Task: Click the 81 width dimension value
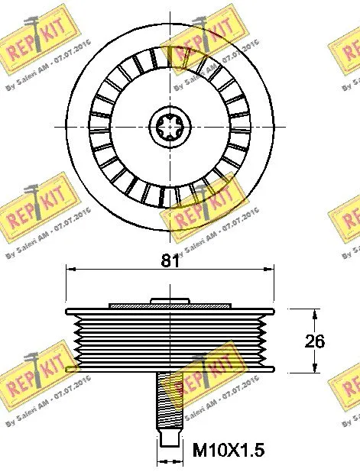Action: pos(170,260)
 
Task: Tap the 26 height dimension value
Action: pos(314,341)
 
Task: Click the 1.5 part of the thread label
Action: pos(250,451)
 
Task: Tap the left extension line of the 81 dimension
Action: pos(66,286)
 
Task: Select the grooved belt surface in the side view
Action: pos(170,341)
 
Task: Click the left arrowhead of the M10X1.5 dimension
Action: pos(160,461)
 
